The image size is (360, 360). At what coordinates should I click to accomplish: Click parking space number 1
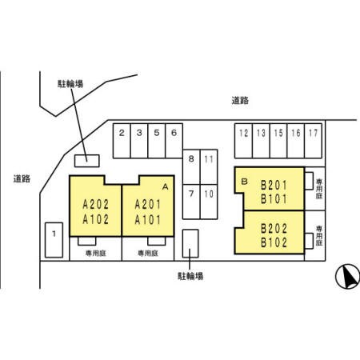pyautogui.click(x=54, y=240)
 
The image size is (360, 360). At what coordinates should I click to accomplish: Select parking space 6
pyautogui.click(x=174, y=141)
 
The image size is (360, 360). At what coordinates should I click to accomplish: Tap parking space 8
pyautogui.click(x=191, y=167)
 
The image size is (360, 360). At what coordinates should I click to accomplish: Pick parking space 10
pyautogui.click(x=209, y=202)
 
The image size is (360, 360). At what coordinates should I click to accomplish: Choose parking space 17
pyautogui.click(x=313, y=141)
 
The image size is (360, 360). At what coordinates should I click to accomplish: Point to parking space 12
pyautogui.click(x=243, y=141)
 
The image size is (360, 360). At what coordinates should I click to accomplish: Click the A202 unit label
pyautogui.click(x=96, y=205)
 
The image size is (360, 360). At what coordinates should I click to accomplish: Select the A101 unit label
pyautogui.click(x=148, y=220)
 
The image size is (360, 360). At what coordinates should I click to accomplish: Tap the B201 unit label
pyautogui.click(x=274, y=185)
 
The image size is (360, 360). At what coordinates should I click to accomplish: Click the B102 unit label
pyautogui.click(x=274, y=242)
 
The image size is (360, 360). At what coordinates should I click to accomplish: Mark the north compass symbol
pyautogui.click(x=348, y=277)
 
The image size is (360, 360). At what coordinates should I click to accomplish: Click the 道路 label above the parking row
pyautogui.click(x=240, y=101)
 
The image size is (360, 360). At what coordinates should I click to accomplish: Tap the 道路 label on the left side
pyautogui.click(x=22, y=178)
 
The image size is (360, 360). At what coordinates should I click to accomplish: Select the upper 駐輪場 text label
pyautogui.click(x=70, y=84)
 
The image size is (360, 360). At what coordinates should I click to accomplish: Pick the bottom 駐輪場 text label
pyautogui.click(x=190, y=276)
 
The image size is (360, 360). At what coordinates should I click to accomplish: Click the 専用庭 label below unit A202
pyautogui.click(x=96, y=253)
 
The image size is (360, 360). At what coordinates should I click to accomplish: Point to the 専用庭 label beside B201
pyautogui.click(x=319, y=189)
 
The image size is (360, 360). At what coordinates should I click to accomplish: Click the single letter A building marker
pyautogui.click(x=166, y=187)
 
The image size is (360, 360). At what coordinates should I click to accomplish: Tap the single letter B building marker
pyautogui.click(x=244, y=182)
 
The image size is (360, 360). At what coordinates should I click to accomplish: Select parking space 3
pyautogui.click(x=139, y=141)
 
